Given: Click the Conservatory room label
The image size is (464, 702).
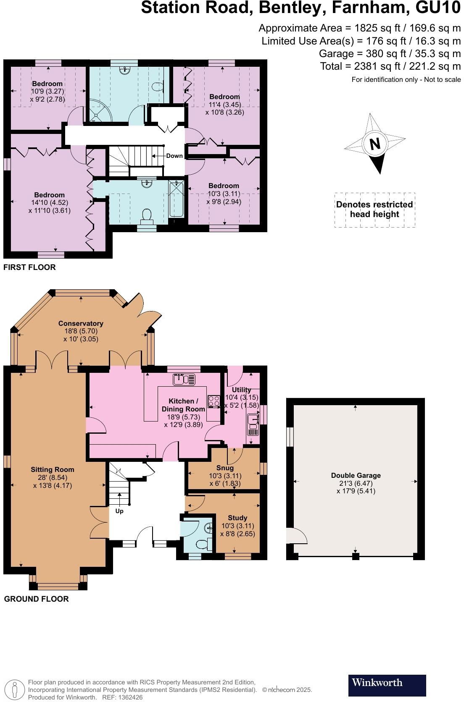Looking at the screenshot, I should [x=81, y=323].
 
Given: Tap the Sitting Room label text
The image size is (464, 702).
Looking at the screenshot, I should [x=52, y=469].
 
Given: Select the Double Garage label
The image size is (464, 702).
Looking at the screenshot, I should [x=356, y=475].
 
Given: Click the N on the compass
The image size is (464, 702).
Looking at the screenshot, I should [x=374, y=144].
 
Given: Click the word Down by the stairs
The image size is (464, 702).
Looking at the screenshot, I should [x=174, y=156].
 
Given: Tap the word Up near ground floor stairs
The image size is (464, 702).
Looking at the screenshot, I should [x=119, y=511].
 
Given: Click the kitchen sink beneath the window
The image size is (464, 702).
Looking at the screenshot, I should [x=184, y=380].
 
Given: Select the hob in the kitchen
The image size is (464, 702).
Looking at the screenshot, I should [x=214, y=401].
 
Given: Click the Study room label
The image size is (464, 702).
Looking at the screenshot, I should [x=237, y=518].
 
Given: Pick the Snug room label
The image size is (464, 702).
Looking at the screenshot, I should [x=225, y=468].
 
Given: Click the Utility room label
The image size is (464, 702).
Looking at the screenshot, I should [x=241, y=390].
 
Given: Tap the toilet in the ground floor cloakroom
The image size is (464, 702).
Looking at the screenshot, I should [x=203, y=544].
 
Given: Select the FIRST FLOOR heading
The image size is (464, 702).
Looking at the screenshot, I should [x=29, y=267].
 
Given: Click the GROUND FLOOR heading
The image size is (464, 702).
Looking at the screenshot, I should [x=36, y=599].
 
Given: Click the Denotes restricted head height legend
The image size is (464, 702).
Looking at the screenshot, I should [x=374, y=210].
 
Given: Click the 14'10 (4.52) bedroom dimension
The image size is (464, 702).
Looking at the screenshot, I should [x=50, y=202].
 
